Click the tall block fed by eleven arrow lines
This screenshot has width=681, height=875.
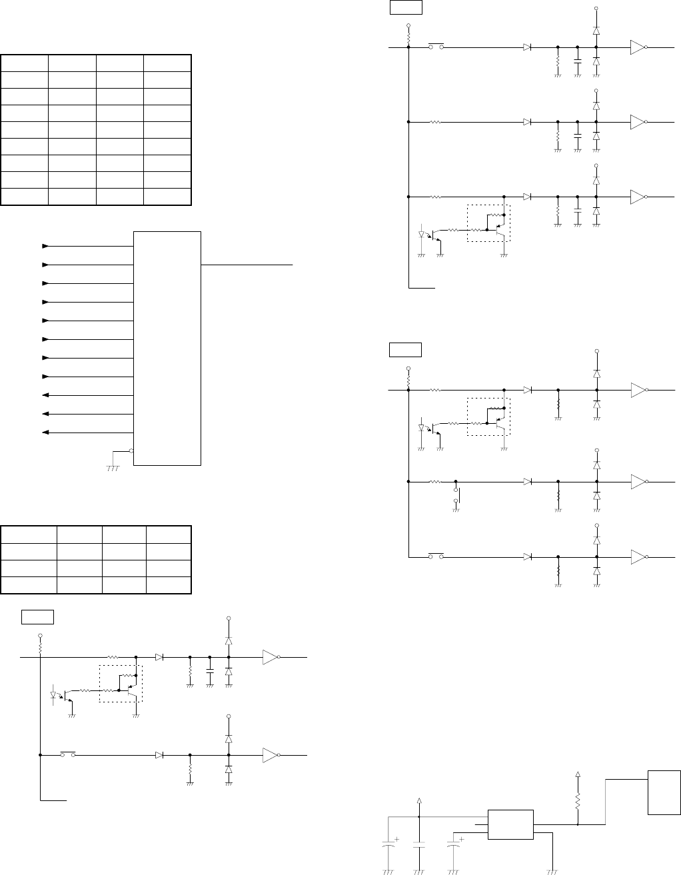click(167, 348)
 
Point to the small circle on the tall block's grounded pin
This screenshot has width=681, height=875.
click(131, 450)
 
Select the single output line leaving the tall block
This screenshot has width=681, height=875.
click(247, 265)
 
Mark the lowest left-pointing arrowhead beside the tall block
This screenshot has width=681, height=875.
click(45, 433)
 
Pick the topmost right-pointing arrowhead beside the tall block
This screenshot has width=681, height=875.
click(45, 246)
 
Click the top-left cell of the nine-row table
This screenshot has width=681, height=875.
click(25, 63)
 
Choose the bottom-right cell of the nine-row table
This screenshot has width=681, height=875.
click(167, 197)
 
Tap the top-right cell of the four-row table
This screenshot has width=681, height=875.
click(169, 534)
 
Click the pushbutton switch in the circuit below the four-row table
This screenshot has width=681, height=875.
click(68, 754)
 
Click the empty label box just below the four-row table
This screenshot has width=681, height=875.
click(37, 616)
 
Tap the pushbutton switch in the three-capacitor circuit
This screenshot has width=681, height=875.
click(436, 47)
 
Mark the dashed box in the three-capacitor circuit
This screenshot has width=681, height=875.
click(488, 223)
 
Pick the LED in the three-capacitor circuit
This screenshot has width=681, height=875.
click(422, 235)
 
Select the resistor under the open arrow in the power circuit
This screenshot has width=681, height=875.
click(578, 798)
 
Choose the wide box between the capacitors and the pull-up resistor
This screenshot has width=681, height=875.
click(510, 825)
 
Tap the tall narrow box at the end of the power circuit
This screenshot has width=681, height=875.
click(664, 792)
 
